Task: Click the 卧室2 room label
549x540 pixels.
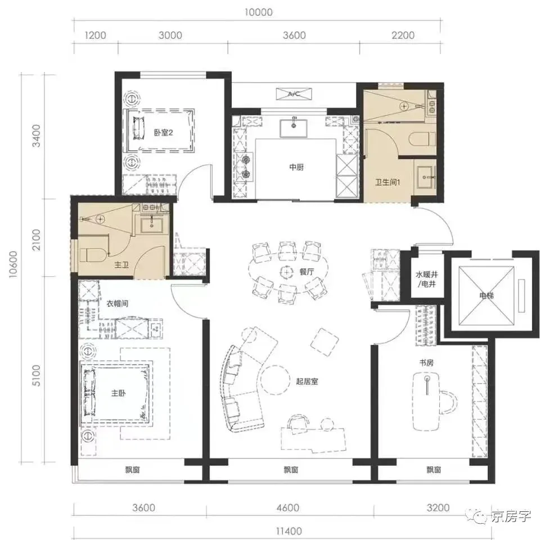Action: click(x=164, y=133)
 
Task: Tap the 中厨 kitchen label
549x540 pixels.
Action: click(x=296, y=168)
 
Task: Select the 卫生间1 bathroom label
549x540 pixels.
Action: click(x=388, y=182)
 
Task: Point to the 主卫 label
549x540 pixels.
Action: click(x=121, y=265)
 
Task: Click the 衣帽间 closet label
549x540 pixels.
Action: click(x=118, y=303)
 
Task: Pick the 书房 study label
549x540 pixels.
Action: click(x=426, y=363)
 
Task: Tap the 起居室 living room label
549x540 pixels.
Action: click(x=307, y=381)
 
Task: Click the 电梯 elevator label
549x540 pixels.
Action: click(x=487, y=295)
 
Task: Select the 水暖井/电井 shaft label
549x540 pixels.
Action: click(x=427, y=280)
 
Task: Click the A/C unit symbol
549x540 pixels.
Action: click(x=294, y=94)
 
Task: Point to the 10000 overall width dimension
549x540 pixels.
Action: click(x=258, y=12)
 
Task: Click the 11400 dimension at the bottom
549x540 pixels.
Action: click(x=289, y=531)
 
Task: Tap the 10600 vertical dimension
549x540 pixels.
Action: click(x=13, y=264)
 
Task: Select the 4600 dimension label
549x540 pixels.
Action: click(x=288, y=507)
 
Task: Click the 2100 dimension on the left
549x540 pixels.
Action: click(x=36, y=240)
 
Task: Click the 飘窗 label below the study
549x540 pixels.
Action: click(x=434, y=470)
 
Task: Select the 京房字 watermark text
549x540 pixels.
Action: click(x=511, y=516)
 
